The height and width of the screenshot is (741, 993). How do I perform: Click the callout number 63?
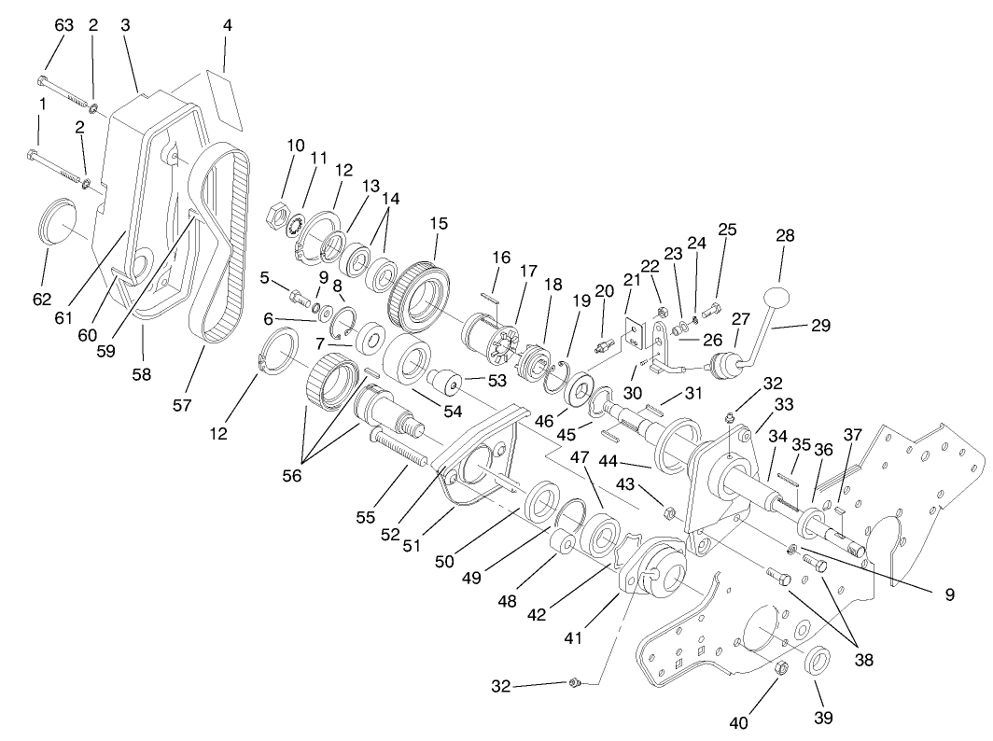point(63,25)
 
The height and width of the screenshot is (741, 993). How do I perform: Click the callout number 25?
point(727,229)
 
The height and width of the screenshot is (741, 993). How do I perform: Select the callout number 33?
point(782,404)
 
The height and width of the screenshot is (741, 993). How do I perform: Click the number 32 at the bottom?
point(501,686)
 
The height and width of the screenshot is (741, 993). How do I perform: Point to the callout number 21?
point(632,280)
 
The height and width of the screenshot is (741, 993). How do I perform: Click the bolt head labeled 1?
point(34,152)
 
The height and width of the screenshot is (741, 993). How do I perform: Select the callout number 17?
point(529,272)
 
